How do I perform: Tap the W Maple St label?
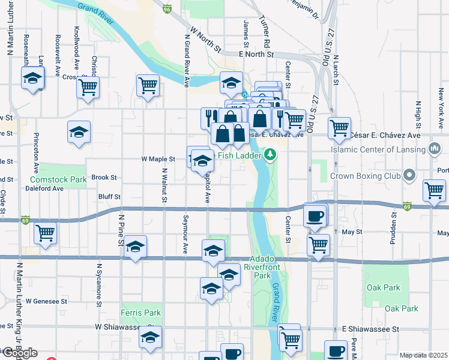pyautogui.click(x=158, y=160)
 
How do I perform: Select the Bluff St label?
pyautogui.click(x=110, y=196)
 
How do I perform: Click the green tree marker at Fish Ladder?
pyautogui.click(x=270, y=156)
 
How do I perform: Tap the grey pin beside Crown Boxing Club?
pyautogui.click(x=410, y=176)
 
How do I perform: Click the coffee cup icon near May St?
pyautogui.click(x=315, y=216)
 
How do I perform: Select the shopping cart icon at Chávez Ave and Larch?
pyautogui.click(x=340, y=127)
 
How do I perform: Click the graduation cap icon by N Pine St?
pyautogui.click(x=136, y=247)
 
